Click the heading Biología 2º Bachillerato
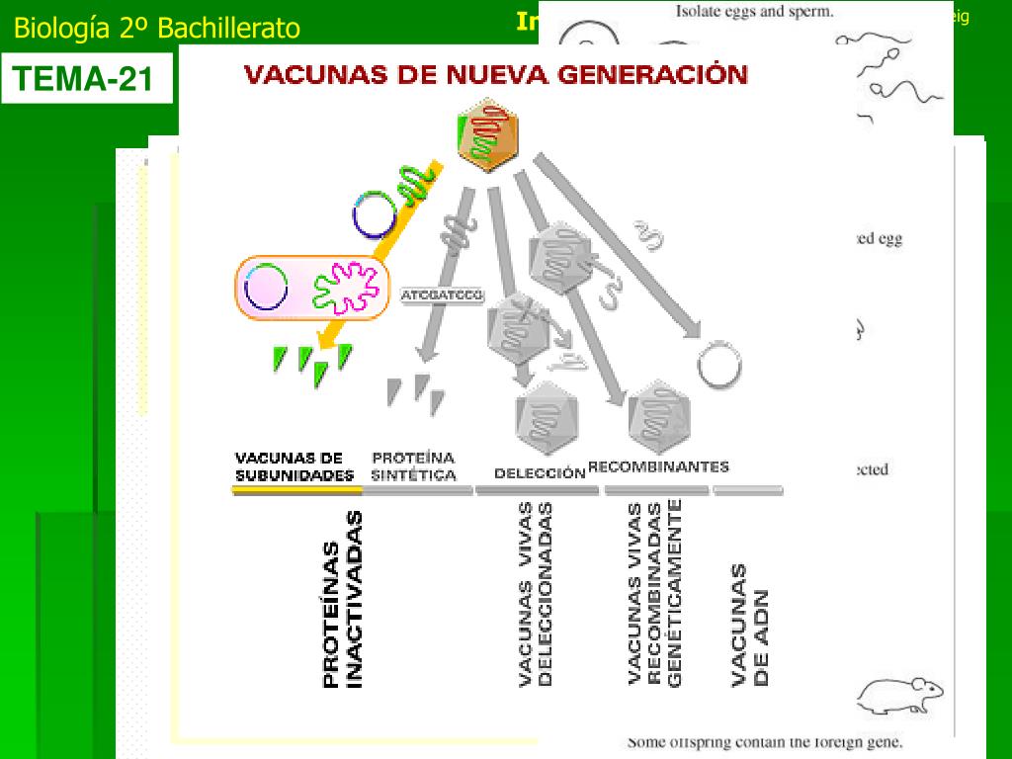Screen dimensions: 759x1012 156,29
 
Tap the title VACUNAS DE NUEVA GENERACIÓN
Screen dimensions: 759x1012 495,76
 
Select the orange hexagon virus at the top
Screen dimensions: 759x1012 487,137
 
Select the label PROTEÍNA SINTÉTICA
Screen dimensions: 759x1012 413,466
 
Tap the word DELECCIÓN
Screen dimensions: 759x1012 540,473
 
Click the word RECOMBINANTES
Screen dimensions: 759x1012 658,466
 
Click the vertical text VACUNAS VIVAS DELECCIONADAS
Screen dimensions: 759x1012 535,593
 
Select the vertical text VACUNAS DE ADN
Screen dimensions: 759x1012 750,625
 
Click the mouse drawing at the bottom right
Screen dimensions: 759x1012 898,695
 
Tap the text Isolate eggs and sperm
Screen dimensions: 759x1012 755,13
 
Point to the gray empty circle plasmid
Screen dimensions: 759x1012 718,365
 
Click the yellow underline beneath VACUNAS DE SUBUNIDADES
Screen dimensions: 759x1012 294,490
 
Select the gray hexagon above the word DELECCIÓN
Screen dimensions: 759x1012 544,417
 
